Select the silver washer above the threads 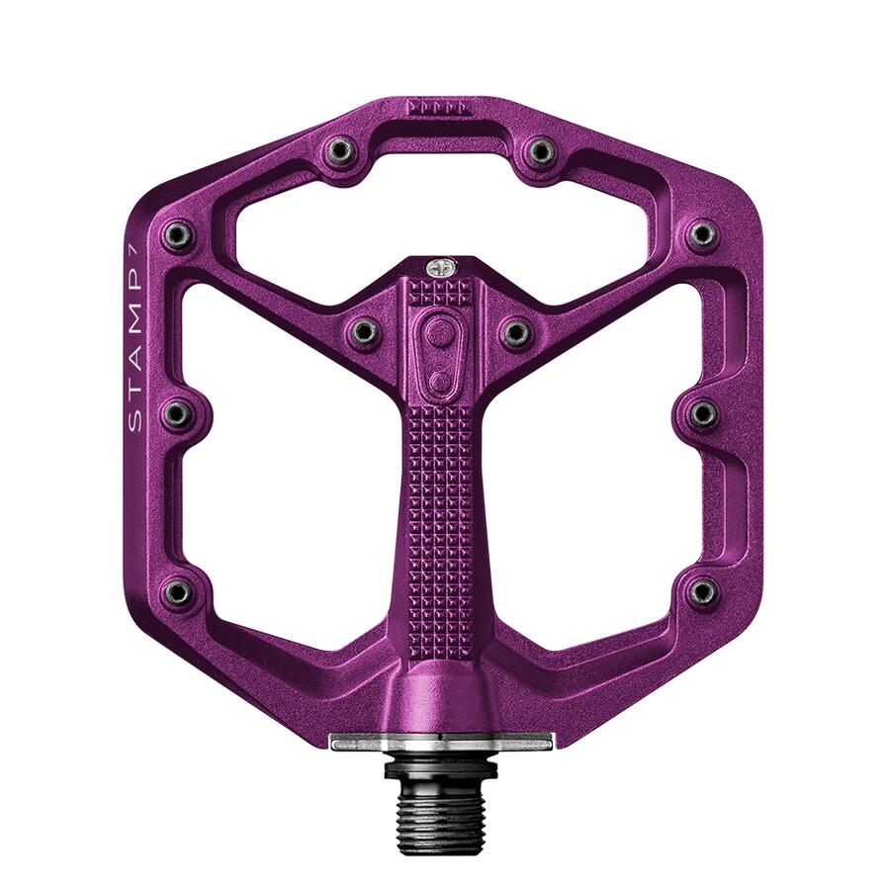(441, 742)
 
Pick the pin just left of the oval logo (364, 332)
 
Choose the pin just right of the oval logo (516, 332)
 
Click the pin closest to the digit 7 (178, 234)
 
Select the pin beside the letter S (176, 414)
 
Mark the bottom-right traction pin (702, 591)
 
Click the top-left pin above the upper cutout (341, 151)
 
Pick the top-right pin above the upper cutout (540, 151)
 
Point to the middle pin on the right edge (703, 414)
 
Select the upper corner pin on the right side (702, 234)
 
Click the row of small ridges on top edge (435, 106)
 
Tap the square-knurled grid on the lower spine (441, 494)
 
